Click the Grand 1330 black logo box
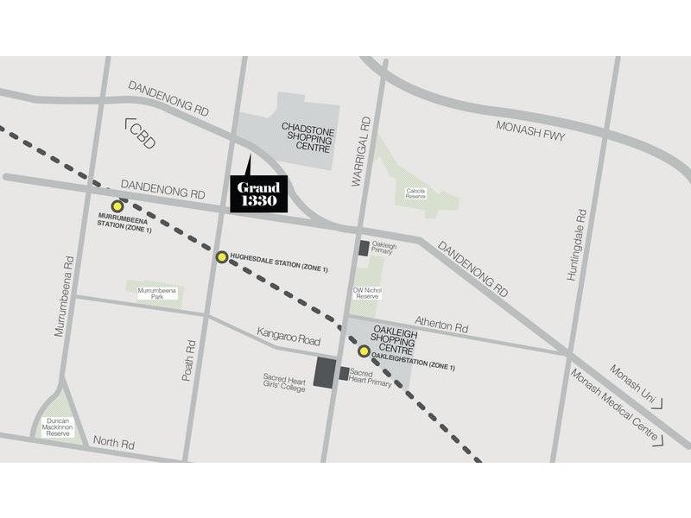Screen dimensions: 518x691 click(259, 193)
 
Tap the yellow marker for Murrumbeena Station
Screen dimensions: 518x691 click(117, 206)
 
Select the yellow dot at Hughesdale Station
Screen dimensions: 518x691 click(222, 256)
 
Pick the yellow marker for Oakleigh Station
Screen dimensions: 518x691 click(364, 351)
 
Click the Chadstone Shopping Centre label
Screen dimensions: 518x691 click(307, 137)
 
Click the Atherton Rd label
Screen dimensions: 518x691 click(441, 327)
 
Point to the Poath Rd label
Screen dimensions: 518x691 click(190, 360)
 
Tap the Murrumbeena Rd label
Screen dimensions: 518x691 click(64, 295)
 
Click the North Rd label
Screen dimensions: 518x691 click(114, 444)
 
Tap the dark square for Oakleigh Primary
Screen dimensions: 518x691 click(365, 248)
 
